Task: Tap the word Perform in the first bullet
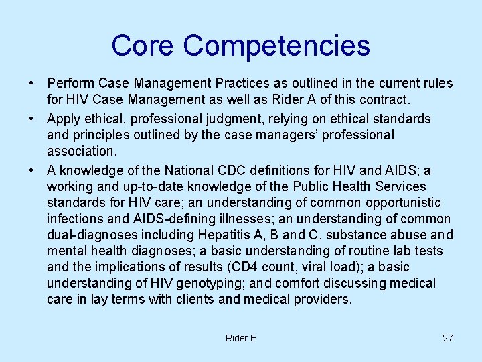click(x=71, y=84)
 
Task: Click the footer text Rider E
click(x=240, y=338)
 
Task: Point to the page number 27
click(x=447, y=338)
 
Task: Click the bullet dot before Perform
click(x=31, y=84)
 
